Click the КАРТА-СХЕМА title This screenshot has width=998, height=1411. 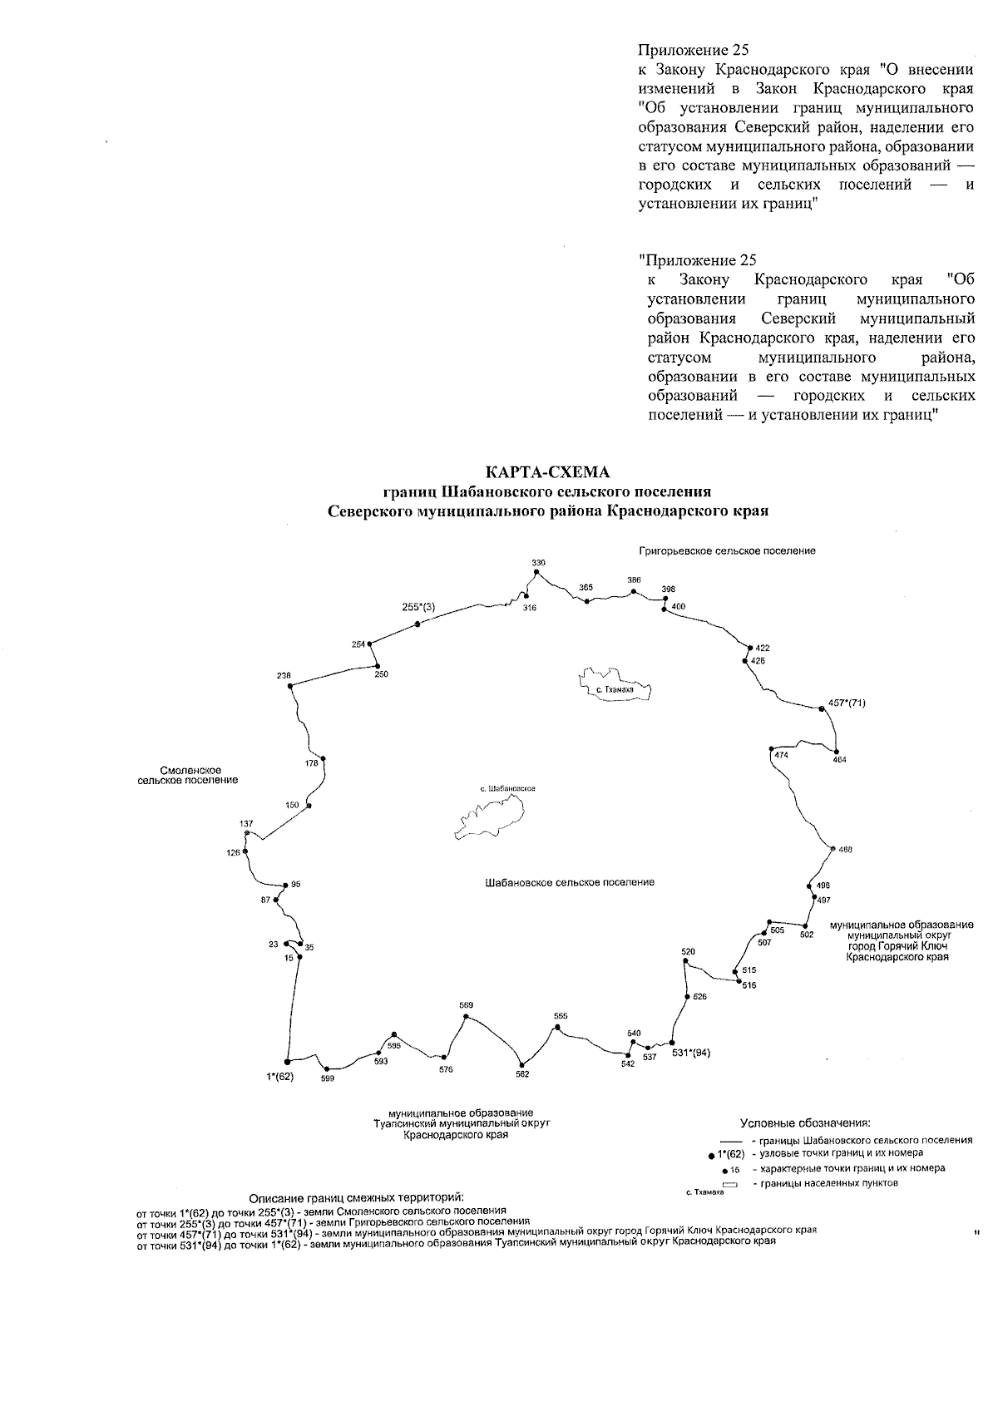point(548,472)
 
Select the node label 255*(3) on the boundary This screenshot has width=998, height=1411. point(418,608)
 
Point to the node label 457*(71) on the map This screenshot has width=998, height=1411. point(842,703)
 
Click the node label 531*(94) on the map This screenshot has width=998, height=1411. point(691,1053)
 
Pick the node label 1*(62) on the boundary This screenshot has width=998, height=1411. point(280,1077)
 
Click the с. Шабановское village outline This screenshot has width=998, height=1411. point(491,813)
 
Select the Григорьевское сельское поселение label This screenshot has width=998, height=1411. point(727,550)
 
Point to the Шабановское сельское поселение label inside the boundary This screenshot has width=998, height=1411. point(570,882)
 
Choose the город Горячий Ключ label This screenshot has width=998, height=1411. point(899,946)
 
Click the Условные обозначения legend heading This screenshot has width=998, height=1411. point(805,1122)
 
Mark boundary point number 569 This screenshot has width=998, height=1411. point(466,1016)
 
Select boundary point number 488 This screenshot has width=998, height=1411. point(832,848)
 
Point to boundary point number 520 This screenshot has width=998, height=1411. point(685,962)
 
